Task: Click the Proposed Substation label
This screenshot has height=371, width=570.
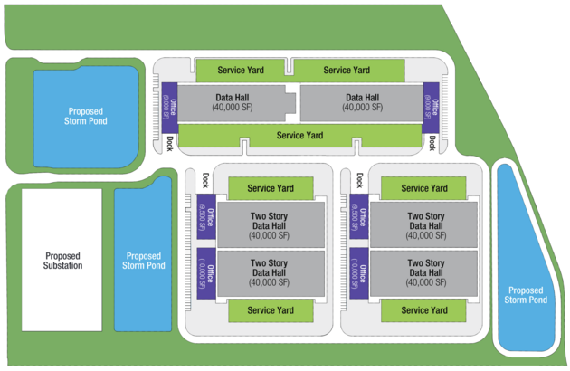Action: tap(62, 261)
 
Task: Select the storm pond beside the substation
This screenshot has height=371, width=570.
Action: tap(144, 261)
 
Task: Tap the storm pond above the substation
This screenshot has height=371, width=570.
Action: tap(85, 115)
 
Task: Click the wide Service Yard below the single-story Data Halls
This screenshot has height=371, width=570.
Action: tap(300, 136)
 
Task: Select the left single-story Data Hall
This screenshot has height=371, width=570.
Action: tap(233, 102)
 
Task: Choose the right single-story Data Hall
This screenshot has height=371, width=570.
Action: tap(362, 102)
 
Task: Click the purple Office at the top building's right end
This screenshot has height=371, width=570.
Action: tap(431, 107)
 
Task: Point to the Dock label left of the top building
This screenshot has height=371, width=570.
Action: tap(169, 143)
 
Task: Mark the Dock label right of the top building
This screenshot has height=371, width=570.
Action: tap(432, 143)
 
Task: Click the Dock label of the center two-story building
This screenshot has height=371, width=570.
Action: tap(204, 180)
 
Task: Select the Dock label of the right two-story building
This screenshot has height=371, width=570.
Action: tap(358, 180)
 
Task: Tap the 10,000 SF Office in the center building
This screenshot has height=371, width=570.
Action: tap(204, 272)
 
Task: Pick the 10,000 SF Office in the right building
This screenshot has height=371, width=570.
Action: tap(359, 272)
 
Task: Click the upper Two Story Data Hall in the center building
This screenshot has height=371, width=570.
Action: tap(271, 225)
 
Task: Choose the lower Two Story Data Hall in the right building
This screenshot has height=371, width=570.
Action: tap(424, 272)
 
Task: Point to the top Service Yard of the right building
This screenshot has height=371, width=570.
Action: tap(424, 188)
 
